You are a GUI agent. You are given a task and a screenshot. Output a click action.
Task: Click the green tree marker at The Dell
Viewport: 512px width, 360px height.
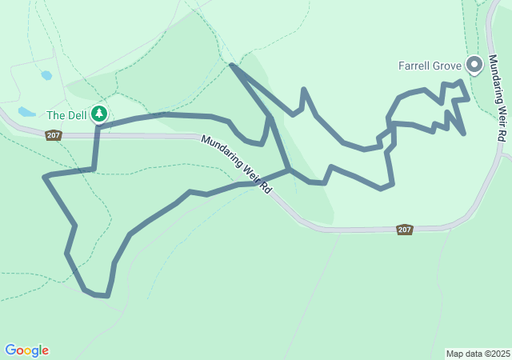pos(99,114)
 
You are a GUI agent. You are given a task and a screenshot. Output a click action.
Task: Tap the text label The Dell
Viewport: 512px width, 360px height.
pos(66,115)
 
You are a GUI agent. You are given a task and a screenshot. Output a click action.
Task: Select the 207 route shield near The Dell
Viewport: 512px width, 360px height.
pos(54,135)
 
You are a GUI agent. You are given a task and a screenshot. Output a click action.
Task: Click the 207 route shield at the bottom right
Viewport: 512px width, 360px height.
pos(404,230)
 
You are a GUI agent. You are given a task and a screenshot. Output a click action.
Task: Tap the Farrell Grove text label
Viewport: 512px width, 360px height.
pos(430,66)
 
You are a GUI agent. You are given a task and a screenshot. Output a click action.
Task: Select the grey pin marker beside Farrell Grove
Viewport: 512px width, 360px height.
pos(474,63)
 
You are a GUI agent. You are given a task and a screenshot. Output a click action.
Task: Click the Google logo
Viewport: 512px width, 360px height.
pos(26,350)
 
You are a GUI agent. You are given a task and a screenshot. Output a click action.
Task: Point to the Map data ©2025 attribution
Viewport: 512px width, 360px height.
pos(478,354)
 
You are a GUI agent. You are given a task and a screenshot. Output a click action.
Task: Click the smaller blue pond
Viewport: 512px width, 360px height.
pos(46,75)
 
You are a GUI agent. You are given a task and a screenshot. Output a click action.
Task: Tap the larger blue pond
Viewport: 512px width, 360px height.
pos(27,112)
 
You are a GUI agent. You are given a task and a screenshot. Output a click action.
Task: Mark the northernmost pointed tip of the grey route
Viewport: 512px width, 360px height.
pos(231,64)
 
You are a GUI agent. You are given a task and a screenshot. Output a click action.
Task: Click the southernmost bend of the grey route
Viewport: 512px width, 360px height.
pos(105,296)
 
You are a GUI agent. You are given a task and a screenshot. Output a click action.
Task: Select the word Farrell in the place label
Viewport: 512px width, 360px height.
pos(415,66)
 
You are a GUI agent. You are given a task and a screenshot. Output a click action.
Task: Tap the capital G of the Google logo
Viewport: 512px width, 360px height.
pos(10,350)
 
